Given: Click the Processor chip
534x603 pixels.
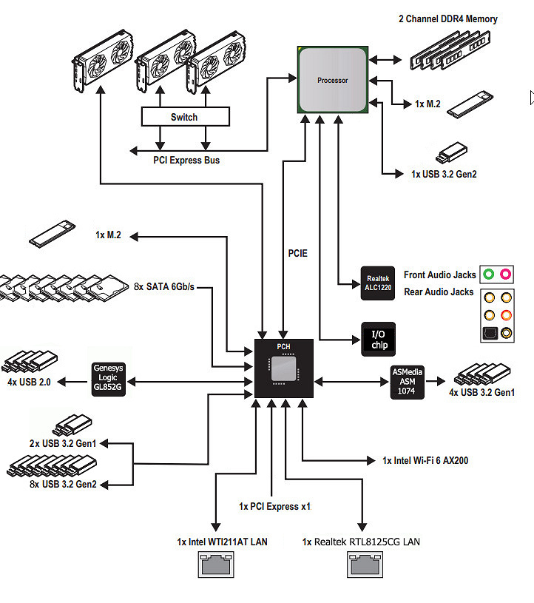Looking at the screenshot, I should click(333, 79).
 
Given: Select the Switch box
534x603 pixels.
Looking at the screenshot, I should click(184, 117).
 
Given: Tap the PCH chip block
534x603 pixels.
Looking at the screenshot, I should click(283, 368).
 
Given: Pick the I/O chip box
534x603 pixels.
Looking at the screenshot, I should click(377, 339).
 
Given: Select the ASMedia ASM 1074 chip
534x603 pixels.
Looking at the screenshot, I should click(408, 382).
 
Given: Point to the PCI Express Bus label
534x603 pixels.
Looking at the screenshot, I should click(186, 160).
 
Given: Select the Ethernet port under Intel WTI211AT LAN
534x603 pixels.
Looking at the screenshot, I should click(216, 566).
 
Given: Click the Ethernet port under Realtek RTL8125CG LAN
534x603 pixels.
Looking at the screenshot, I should click(364, 566).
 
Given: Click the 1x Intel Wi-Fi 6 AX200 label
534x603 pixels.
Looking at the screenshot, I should click(425, 460).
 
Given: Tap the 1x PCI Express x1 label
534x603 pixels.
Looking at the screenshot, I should click(274, 507).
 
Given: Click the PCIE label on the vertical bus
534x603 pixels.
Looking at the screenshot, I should click(297, 253).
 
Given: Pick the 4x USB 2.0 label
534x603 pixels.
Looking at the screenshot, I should click(28, 383).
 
